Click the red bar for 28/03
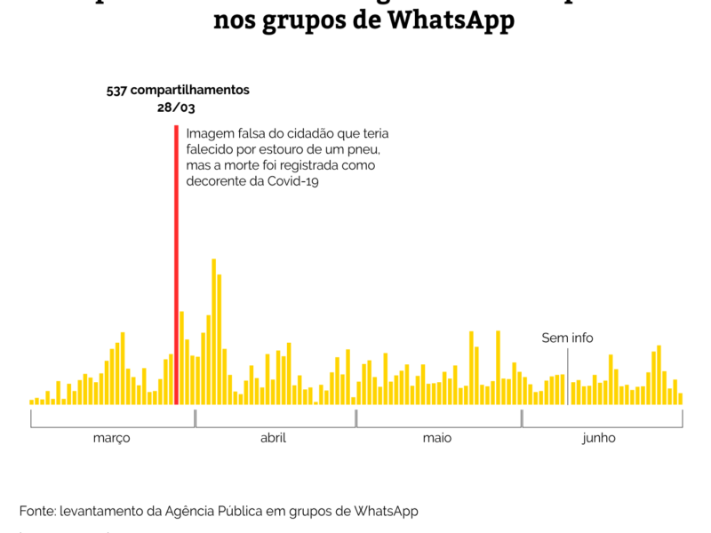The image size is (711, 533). pyautogui.click(x=176, y=266)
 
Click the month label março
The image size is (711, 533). pyautogui.click(x=112, y=438)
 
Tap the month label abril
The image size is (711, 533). pyautogui.click(x=273, y=438)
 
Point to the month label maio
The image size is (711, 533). pyautogui.click(x=437, y=438)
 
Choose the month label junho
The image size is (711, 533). pyautogui.click(x=598, y=438)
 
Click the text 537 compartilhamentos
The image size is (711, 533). pyautogui.click(x=178, y=91)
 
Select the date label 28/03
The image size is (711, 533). pyautogui.click(x=176, y=107)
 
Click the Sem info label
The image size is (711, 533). pyautogui.click(x=567, y=338)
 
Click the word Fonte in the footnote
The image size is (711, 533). pyautogui.click(x=37, y=511)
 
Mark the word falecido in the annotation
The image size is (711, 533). pyautogui.click(x=211, y=149)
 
